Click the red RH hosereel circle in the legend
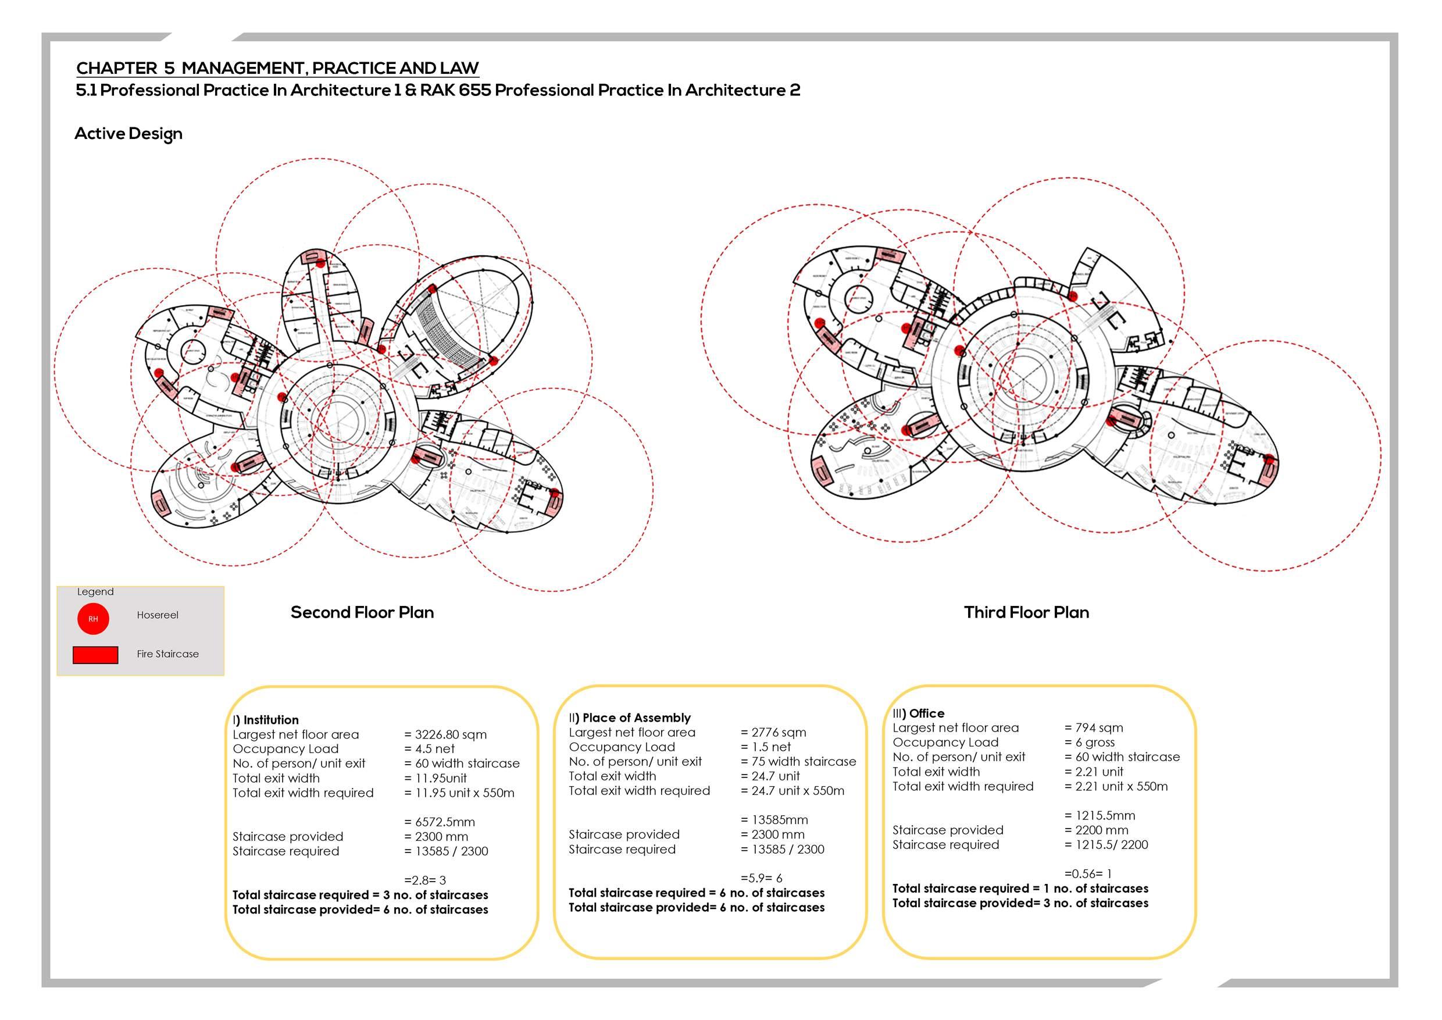point(93,619)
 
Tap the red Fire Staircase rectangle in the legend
point(95,654)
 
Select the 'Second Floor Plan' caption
point(362,612)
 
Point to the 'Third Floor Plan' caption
point(1026,612)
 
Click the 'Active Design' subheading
point(128,134)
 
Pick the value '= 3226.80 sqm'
point(445,734)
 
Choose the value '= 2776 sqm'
point(773,732)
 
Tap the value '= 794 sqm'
point(1094,727)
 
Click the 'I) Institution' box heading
point(266,720)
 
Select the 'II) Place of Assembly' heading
point(629,717)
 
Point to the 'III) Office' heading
point(918,713)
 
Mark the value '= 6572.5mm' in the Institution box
point(440,822)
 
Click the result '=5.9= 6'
point(761,878)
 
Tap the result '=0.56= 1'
point(1088,873)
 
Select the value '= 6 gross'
point(1090,742)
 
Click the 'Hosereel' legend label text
point(158,615)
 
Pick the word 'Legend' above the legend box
point(95,591)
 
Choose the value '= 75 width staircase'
point(798,761)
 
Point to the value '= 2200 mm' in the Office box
point(1096,830)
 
